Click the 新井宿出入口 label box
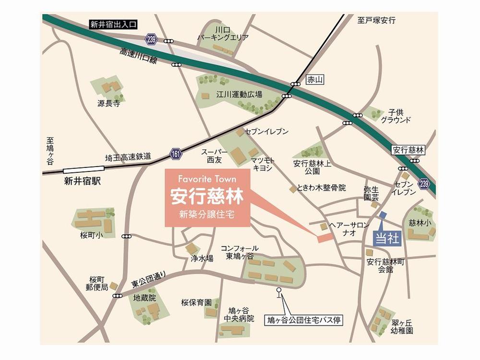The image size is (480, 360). tap(113, 24)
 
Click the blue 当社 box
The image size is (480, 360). tap(386, 239)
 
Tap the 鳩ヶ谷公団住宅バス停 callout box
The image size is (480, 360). tap(304, 319)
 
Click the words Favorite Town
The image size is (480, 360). tap(207, 179)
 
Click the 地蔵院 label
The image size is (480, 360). tap(145, 298)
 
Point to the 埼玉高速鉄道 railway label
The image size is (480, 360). tap(128, 157)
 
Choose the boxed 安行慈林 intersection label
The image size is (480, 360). tap(408, 150)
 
